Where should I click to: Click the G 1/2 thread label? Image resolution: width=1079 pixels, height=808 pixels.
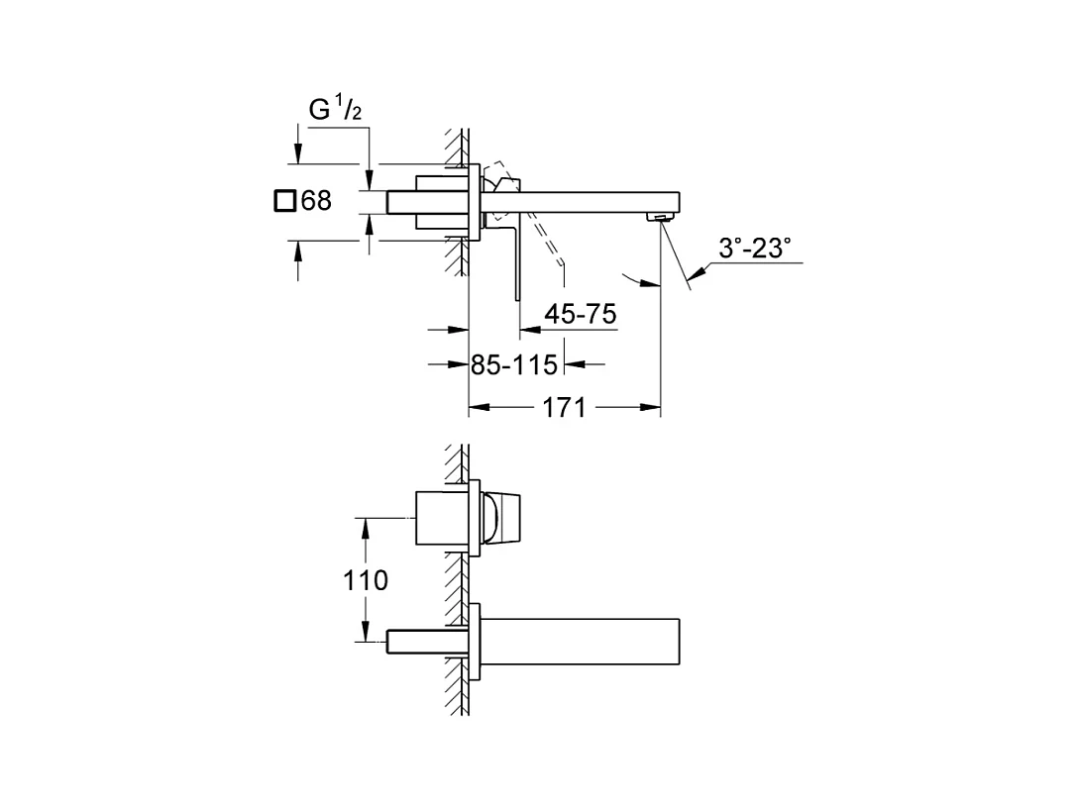[335, 109]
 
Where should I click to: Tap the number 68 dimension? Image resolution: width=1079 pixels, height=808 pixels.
[316, 201]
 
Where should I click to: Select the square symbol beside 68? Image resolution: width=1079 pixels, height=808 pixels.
[285, 201]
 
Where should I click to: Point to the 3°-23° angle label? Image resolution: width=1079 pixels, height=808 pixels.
[754, 249]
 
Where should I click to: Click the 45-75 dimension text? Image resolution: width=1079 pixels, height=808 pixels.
[580, 314]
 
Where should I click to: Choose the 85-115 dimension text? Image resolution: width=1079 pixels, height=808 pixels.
[514, 364]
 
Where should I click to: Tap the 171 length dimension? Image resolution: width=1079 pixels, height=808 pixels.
[565, 408]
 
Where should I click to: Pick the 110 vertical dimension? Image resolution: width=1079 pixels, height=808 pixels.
[366, 580]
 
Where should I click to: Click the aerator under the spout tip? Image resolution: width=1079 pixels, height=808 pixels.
[659, 217]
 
